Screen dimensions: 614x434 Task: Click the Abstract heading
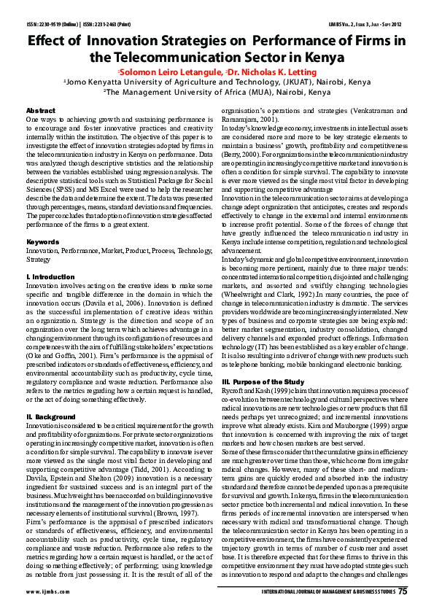[40, 110]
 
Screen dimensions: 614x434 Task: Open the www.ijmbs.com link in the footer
[45, 591]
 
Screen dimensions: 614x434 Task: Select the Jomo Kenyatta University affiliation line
[217, 82]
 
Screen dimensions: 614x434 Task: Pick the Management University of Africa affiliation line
[217, 93]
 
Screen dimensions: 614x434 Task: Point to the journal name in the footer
[327, 591]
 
